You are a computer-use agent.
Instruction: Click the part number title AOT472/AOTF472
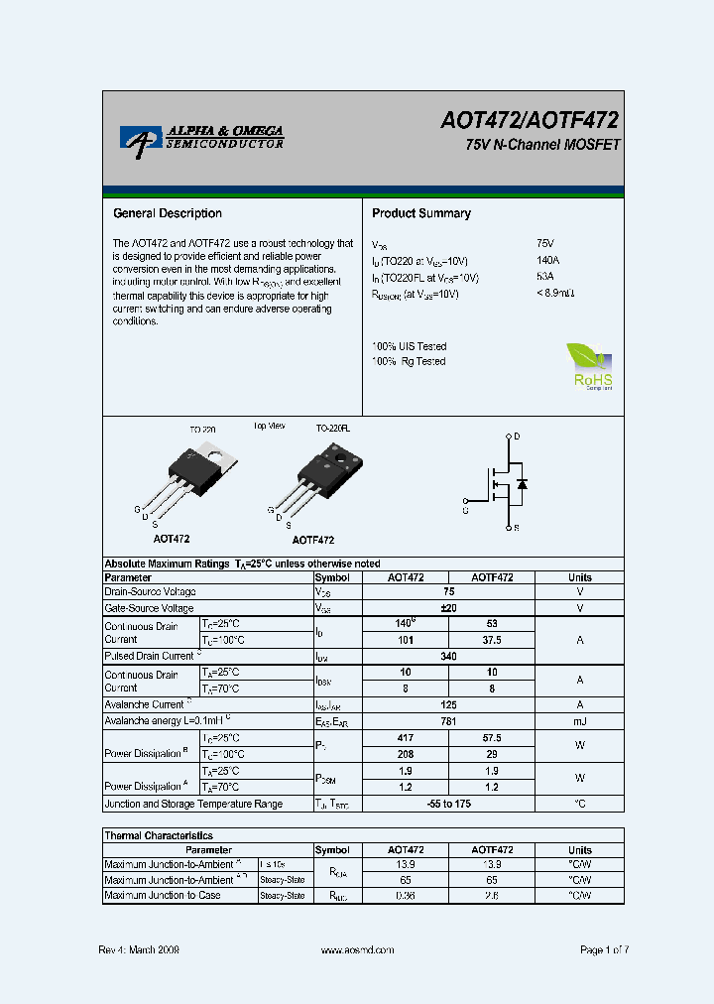coord(530,121)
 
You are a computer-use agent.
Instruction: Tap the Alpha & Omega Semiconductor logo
coord(202,138)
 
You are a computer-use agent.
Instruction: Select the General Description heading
coord(168,213)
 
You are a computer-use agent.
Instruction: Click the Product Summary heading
coord(421,213)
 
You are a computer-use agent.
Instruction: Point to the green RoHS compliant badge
coord(590,366)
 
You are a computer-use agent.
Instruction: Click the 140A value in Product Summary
coord(546,260)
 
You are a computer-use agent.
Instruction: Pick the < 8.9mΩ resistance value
coord(555,294)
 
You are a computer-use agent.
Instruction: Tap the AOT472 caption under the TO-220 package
coord(172,539)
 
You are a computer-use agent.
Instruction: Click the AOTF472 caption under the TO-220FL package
coord(313,541)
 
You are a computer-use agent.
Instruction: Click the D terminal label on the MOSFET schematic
coord(518,437)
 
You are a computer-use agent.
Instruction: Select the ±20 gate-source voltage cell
coord(449,608)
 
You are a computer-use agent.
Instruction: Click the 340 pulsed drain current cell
coord(449,656)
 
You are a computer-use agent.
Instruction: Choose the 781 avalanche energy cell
coord(449,721)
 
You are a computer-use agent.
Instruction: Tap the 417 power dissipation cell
coord(405,738)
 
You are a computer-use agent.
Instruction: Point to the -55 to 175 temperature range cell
coord(449,804)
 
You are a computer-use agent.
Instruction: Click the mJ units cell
coord(580,721)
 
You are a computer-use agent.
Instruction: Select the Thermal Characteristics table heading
coord(159,835)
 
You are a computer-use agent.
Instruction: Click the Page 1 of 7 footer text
coord(604,949)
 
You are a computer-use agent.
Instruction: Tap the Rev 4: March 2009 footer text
coord(139,949)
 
